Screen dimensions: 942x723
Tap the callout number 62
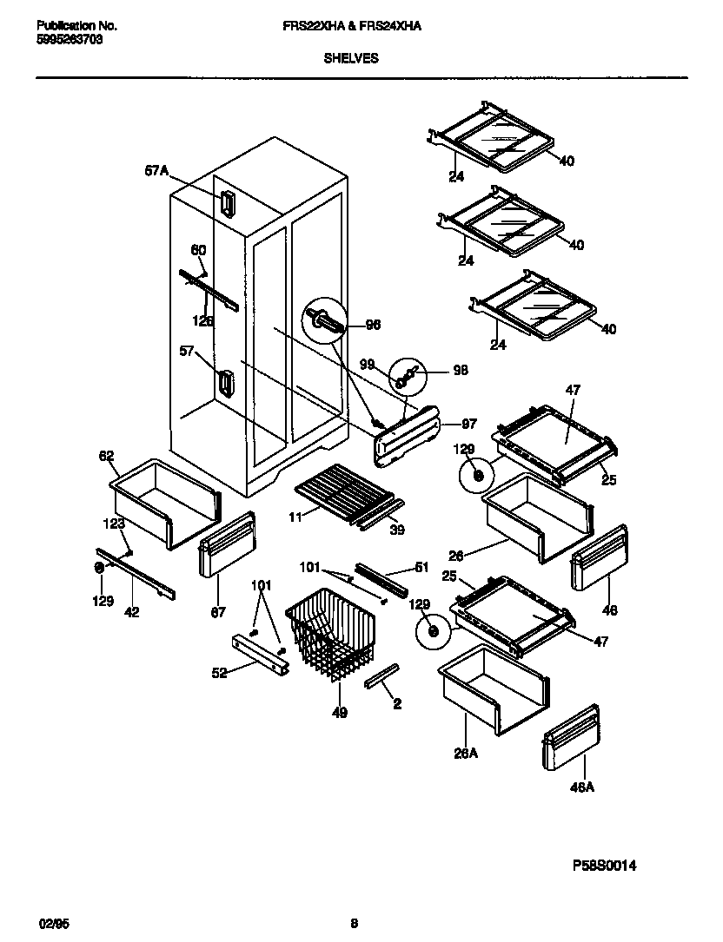[107, 455]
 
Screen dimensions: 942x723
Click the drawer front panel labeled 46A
[571, 738]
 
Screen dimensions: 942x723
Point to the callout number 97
[468, 424]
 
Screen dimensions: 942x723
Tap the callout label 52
[220, 672]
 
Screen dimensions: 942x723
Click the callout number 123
[113, 524]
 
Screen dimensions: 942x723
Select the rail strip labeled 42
[137, 573]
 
